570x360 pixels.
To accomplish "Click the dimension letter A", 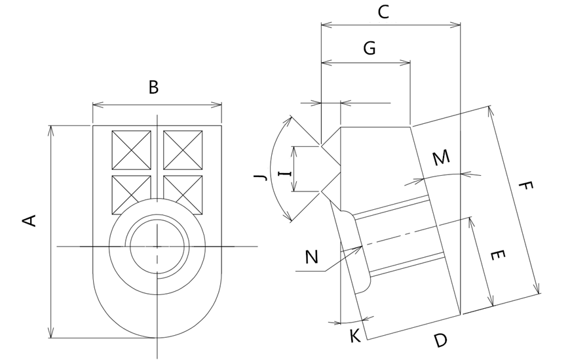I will (29, 220).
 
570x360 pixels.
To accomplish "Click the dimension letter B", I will (153, 87).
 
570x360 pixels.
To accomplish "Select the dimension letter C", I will (384, 11).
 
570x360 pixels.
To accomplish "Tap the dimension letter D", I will (440, 340).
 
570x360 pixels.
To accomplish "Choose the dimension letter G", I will (369, 49).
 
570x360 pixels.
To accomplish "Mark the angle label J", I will (261, 177).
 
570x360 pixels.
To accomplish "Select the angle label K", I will (354, 336).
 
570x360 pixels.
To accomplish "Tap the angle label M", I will (442, 157).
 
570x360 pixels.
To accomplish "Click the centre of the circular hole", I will (157, 246).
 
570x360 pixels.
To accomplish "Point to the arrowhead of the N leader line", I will (361, 247).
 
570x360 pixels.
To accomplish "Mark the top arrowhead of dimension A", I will (51, 128).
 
